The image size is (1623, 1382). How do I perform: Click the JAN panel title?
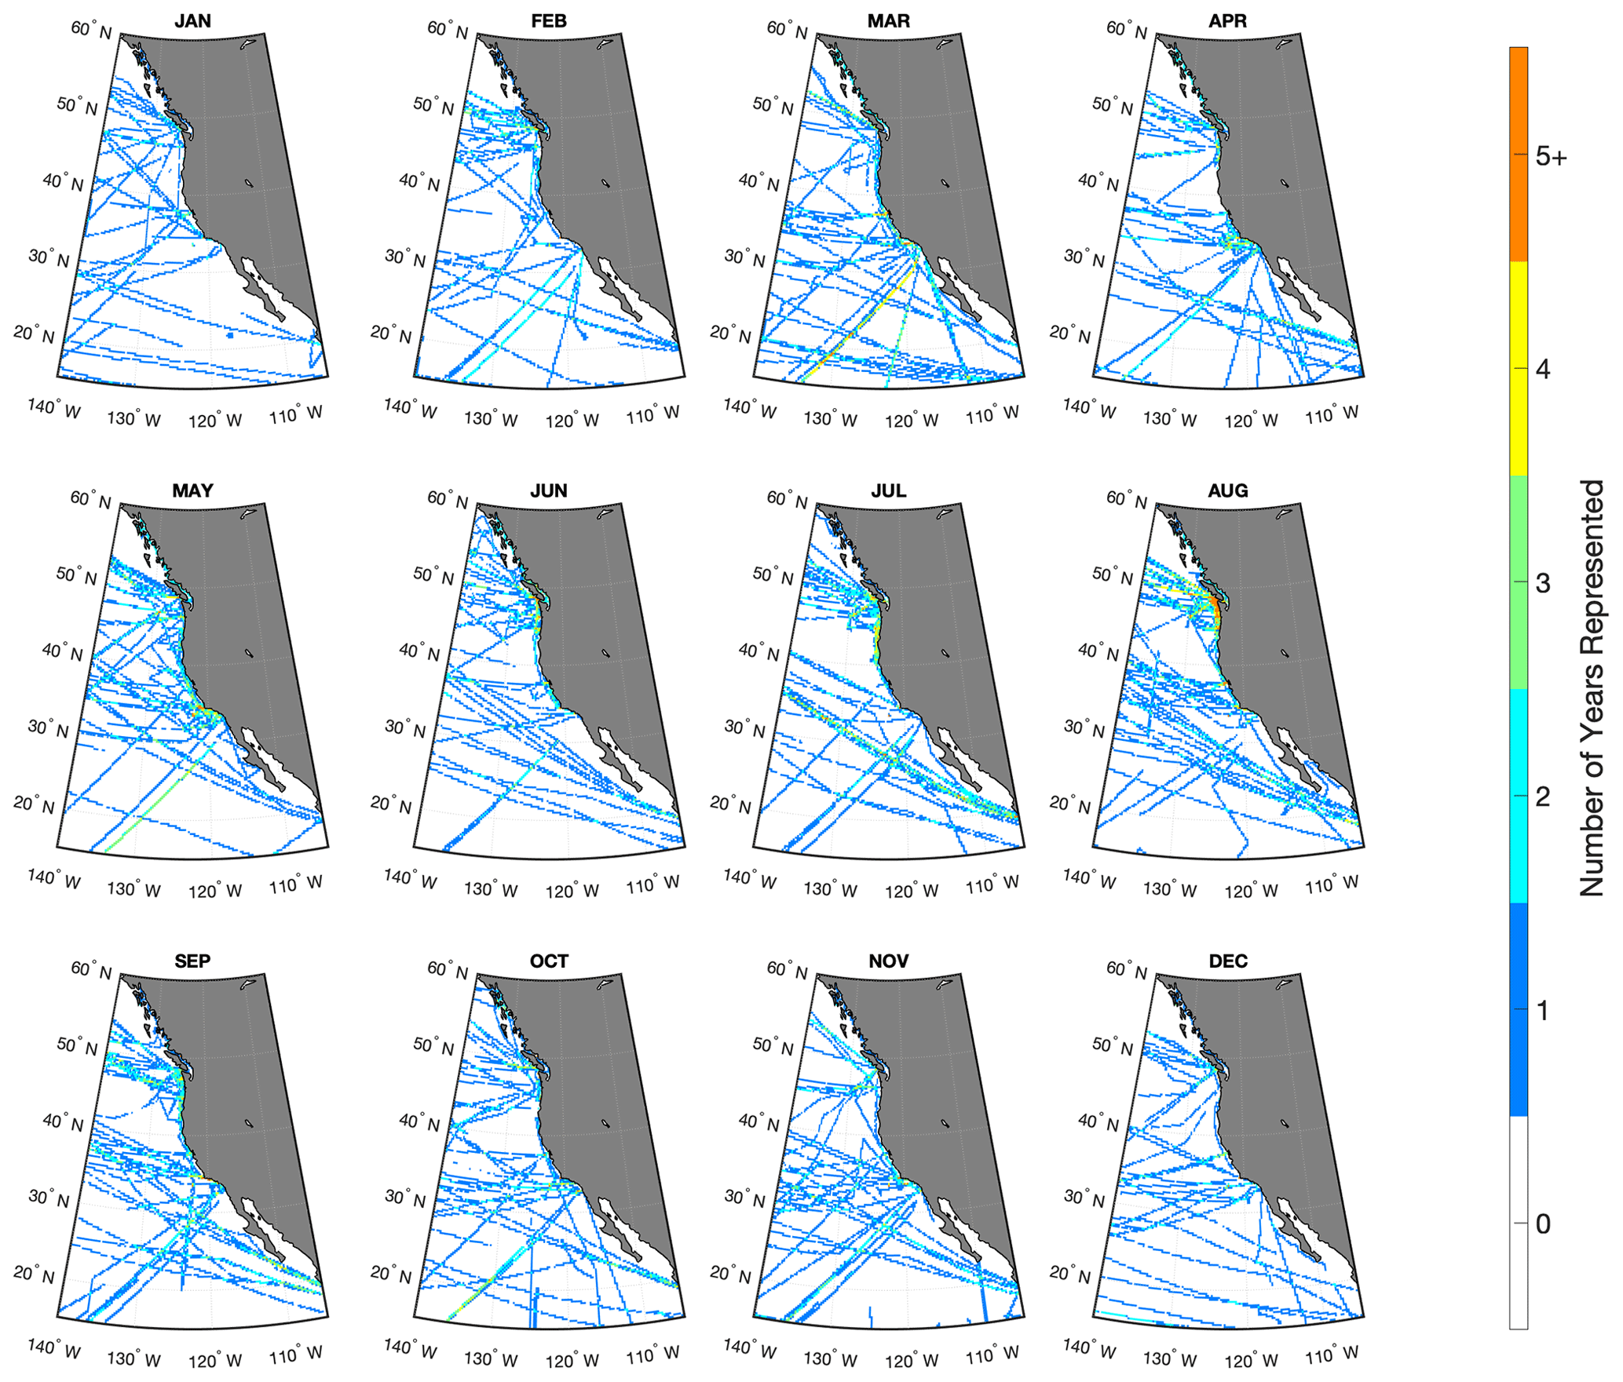tap(192, 21)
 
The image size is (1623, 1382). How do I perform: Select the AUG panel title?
tap(1228, 491)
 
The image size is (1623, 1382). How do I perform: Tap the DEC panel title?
tap(1228, 961)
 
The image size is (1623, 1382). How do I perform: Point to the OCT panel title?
tap(549, 961)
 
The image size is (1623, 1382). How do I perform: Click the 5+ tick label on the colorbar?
tap(1551, 157)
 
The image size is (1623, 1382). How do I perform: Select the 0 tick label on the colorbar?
tap(1543, 1223)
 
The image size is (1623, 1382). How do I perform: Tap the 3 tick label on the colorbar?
tap(1543, 583)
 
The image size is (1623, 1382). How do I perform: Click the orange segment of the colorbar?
tap(1519, 154)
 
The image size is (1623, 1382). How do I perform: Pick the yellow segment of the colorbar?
tap(1519, 368)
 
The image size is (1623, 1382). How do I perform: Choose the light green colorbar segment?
tap(1519, 582)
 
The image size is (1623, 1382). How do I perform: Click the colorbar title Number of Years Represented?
tap(1592, 687)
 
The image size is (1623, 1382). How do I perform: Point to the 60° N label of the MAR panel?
tap(787, 30)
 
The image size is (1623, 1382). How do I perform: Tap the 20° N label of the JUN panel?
tap(390, 804)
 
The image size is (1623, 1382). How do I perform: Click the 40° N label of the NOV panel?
tap(758, 1122)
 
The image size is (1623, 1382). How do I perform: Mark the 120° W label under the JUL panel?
tap(912, 891)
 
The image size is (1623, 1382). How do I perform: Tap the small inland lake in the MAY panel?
tap(249, 653)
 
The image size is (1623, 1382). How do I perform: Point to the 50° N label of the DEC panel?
tap(1112, 1046)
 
